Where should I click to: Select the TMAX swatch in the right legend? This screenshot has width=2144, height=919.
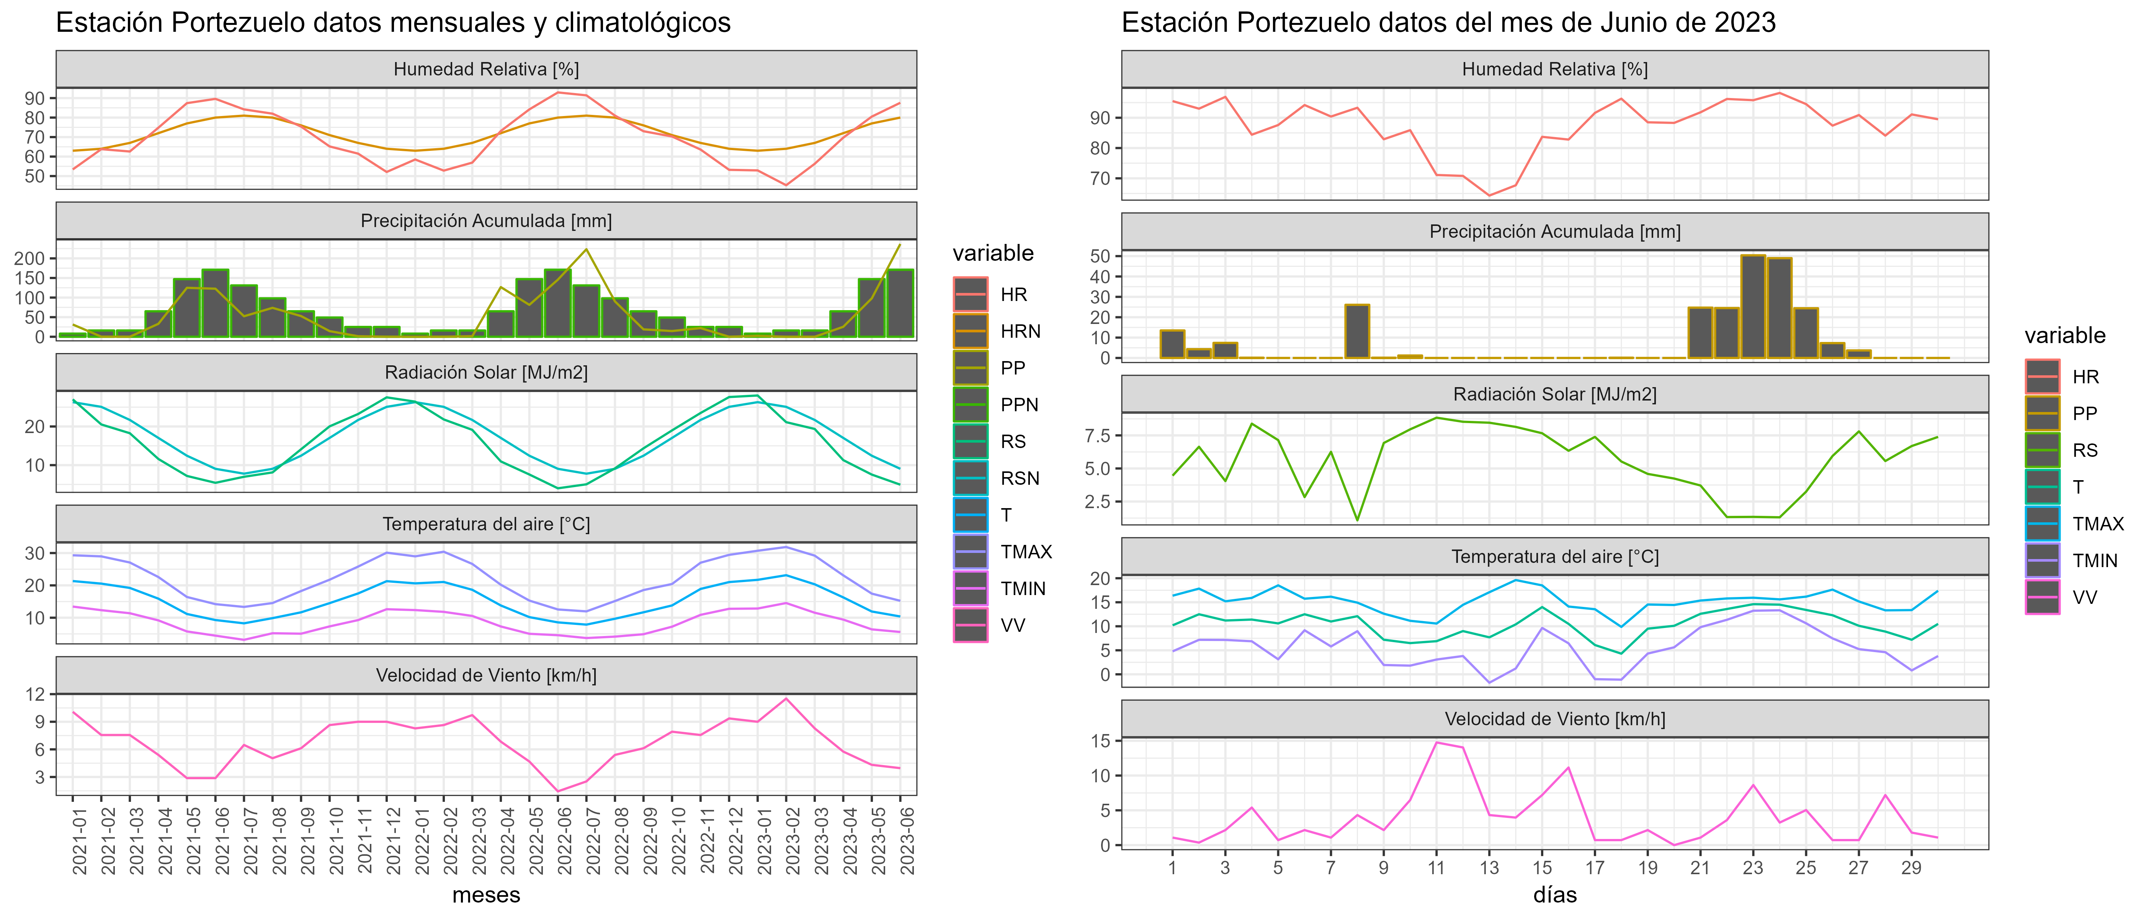(x=2043, y=523)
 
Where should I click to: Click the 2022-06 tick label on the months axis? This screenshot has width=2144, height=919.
(x=564, y=841)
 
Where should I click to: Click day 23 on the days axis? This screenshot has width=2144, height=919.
(x=1753, y=867)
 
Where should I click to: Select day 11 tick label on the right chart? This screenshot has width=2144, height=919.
(x=1436, y=867)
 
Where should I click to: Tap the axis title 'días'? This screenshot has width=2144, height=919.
(x=1555, y=895)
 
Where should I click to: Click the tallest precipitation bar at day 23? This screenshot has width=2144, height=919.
(x=1753, y=306)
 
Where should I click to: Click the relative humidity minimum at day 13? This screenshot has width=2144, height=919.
(x=1489, y=196)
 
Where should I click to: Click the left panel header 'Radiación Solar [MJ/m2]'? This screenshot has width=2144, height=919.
(x=486, y=372)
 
